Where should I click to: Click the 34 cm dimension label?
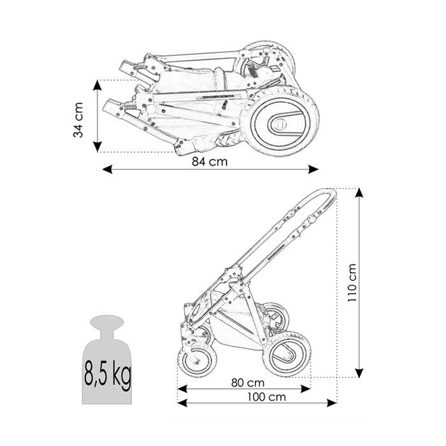[x=78, y=120]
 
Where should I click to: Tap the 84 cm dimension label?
[x=210, y=162]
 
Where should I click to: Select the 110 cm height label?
[x=352, y=283]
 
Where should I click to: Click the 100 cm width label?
[x=266, y=397]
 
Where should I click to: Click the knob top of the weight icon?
[x=107, y=322]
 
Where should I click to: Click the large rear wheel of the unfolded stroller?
[x=287, y=354]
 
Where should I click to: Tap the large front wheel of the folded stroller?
[x=281, y=122]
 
